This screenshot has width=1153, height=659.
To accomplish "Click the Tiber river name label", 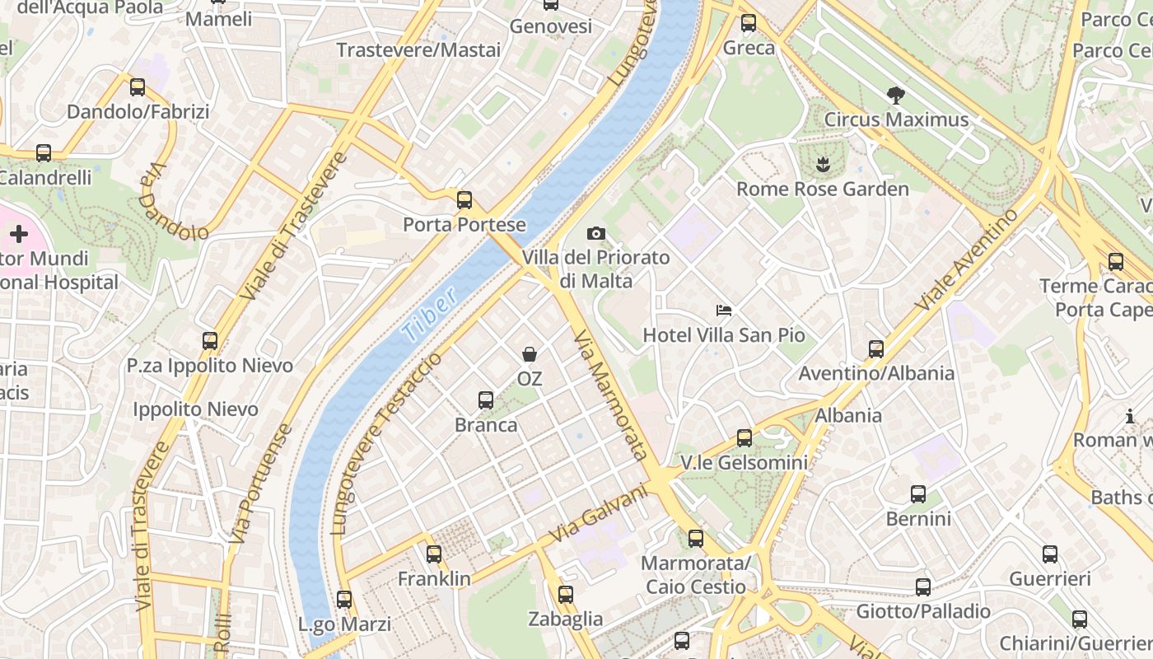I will pyautogui.click(x=430, y=315).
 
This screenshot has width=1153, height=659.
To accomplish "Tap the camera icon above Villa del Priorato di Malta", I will pyautogui.click(x=596, y=234).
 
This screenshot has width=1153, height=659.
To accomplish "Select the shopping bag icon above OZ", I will pyautogui.click(x=530, y=354).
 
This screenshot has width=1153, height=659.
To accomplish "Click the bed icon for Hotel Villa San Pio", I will pyautogui.click(x=724, y=311).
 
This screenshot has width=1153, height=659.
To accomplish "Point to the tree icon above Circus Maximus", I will pyautogui.click(x=896, y=96).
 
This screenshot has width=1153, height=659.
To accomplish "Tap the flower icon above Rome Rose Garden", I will pyautogui.click(x=822, y=165).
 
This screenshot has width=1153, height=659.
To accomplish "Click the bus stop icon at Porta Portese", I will pyautogui.click(x=464, y=199).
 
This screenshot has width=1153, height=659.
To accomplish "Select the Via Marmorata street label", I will pyautogui.click(x=610, y=395).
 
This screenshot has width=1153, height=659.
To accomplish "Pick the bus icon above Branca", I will pyautogui.click(x=486, y=400).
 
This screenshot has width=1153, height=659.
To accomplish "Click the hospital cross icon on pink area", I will pyautogui.click(x=18, y=235).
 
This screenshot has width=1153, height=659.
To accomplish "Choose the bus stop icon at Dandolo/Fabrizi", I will pyautogui.click(x=138, y=86).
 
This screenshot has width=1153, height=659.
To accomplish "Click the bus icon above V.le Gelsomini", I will pyautogui.click(x=745, y=438).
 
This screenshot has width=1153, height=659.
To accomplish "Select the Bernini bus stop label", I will pyautogui.click(x=918, y=519).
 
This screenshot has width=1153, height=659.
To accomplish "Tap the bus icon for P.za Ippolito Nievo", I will pyautogui.click(x=210, y=340).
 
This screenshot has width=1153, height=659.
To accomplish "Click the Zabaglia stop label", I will pyautogui.click(x=565, y=619).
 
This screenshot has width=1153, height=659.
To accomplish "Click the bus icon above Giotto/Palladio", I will pyautogui.click(x=923, y=587).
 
